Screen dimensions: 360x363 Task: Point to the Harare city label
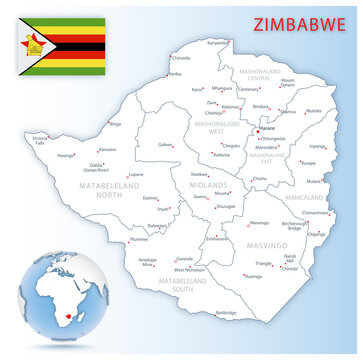tap(265, 129)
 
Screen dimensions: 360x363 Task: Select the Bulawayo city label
tap(158, 226)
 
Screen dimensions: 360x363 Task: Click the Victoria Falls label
tap(40, 140)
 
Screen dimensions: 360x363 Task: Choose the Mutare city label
tap(314, 181)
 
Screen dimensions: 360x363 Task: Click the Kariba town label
tap(175, 74)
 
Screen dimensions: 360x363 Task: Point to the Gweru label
tap(200, 197)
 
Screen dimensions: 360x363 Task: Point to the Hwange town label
tap(66, 156)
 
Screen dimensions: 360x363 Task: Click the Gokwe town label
tap(165, 145)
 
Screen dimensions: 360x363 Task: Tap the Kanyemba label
tap(218, 42)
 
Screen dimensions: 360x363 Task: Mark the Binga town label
tap(115, 124)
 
